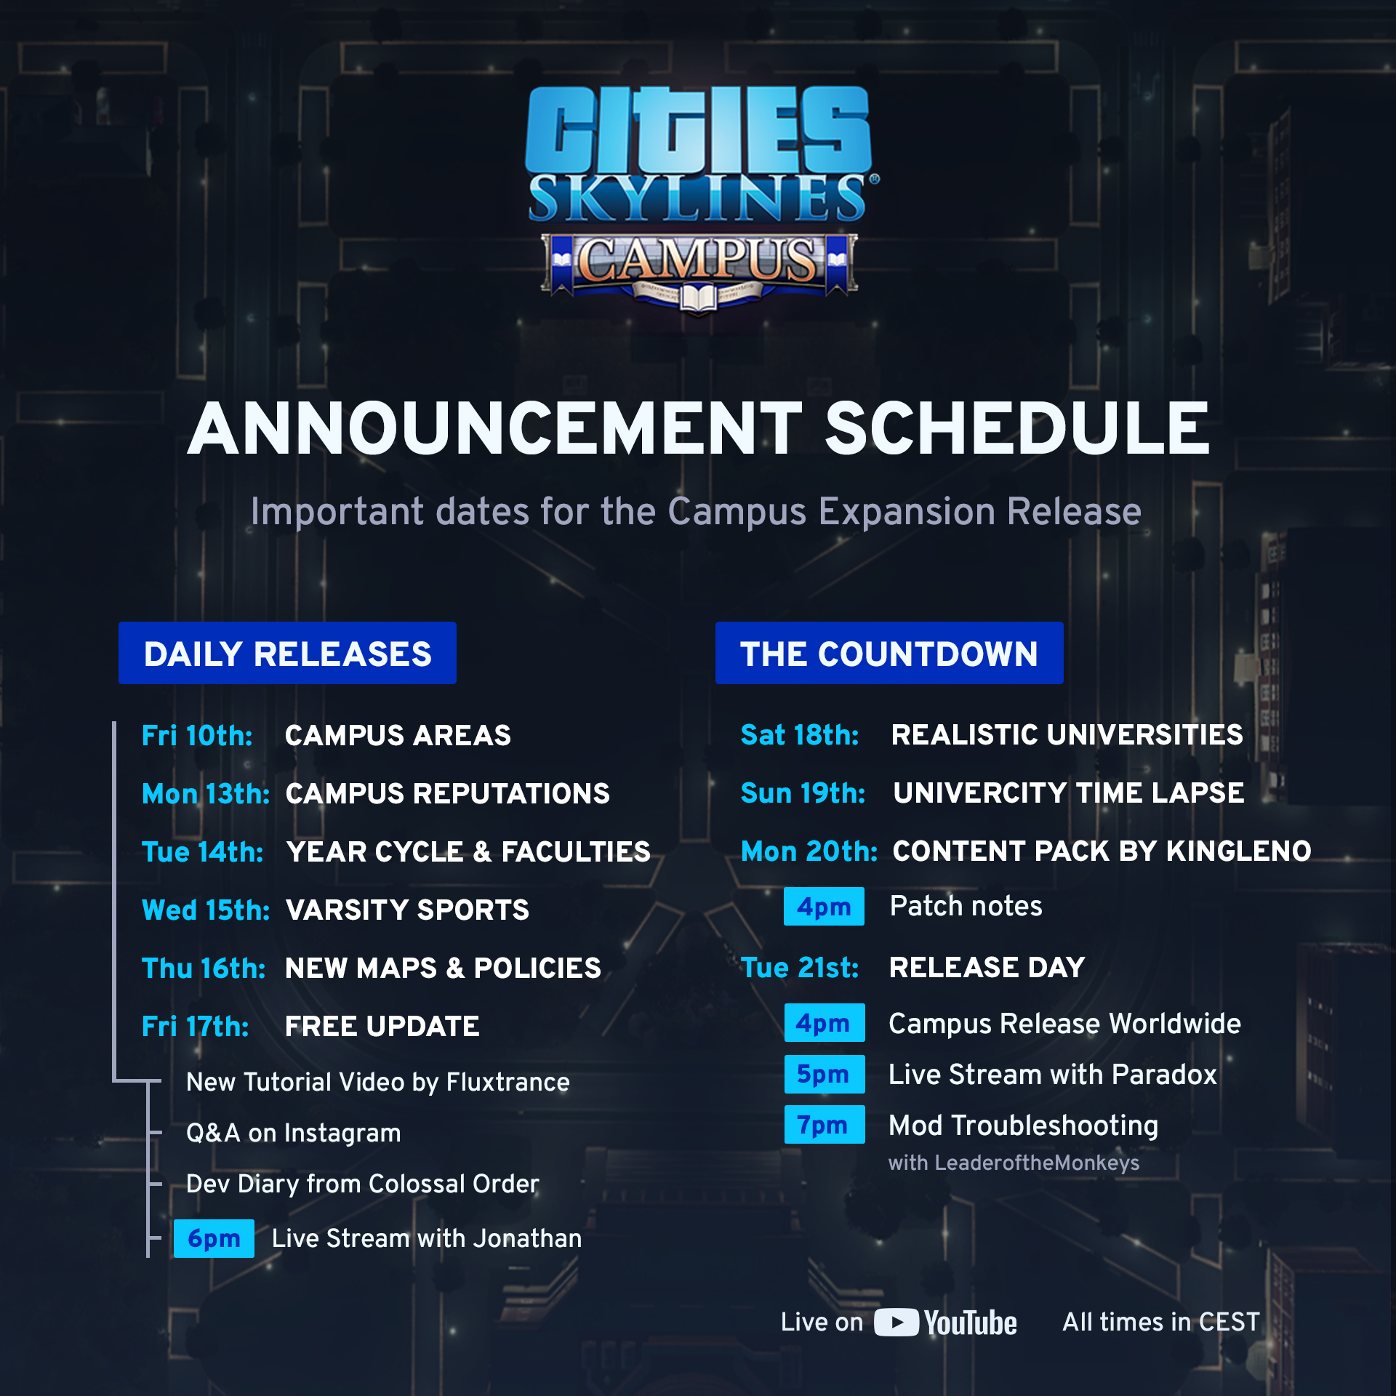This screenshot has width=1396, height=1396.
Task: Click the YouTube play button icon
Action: coord(896,1323)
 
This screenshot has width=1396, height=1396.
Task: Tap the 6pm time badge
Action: coord(214,1238)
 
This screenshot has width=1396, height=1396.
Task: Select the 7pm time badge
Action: coord(825,1125)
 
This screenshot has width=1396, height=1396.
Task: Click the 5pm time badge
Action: coord(825,1074)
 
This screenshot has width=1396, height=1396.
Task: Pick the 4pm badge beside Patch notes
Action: coord(824,907)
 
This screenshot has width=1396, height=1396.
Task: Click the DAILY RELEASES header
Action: coord(287,653)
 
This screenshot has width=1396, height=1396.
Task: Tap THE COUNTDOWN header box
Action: coord(889,653)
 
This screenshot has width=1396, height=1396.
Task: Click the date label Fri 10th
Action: coord(197,736)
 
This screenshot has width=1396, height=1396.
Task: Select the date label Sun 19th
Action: coord(803,793)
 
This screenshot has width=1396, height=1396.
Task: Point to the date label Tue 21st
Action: coord(800,968)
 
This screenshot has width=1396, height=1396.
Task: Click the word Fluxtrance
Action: coord(508,1082)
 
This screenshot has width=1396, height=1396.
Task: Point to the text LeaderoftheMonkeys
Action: coord(1038,1163)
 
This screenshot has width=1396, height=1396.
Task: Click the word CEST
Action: coord(1229,1322)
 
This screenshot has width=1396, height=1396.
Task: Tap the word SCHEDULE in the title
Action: coord(1017,429)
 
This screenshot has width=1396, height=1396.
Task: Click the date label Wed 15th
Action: coord(206,910)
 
